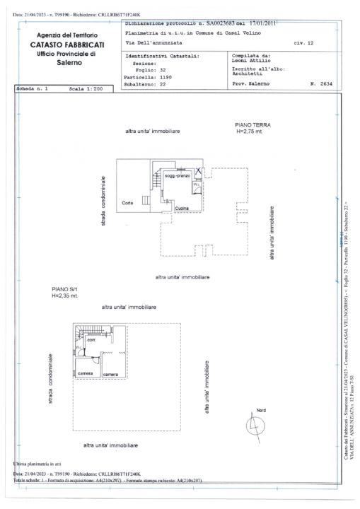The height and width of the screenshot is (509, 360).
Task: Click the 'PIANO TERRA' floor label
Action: [253, 124]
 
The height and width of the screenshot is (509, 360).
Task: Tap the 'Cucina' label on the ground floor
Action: [181, 208]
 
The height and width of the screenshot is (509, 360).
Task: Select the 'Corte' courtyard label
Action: [128, 203]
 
